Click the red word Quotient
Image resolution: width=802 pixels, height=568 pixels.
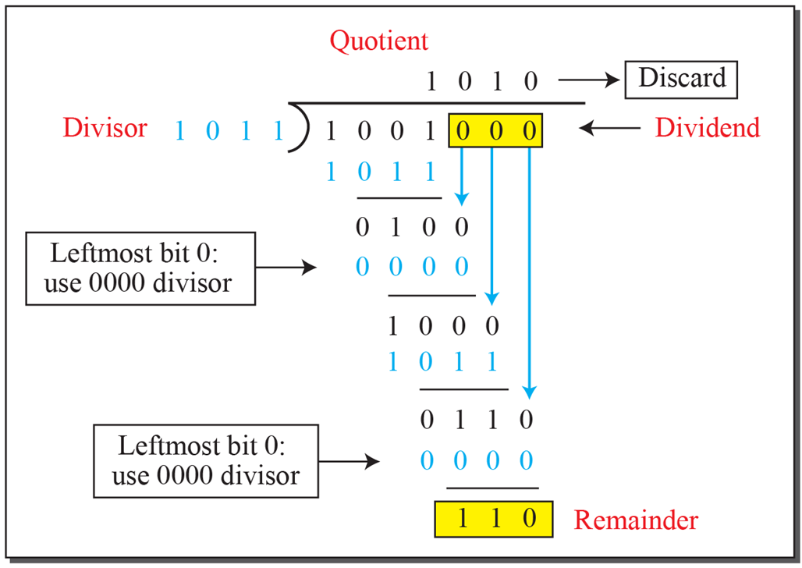pyautogui.click(x=379, y=41)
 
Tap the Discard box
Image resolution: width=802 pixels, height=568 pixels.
pyautogui.click(x=682, y=78)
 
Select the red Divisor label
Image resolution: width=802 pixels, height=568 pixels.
pyautogui.click(x=105, y=127)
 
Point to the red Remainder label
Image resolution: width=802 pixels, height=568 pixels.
pyautogui.click(x=636, y=520)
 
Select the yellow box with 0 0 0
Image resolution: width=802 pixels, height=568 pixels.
pyautogui.click(x=495, y=130)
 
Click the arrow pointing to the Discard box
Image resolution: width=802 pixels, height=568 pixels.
pyautogui.click(x=589, y=80)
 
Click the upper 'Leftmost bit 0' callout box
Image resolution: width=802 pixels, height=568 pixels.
pyautogui.click(x=140, y=268)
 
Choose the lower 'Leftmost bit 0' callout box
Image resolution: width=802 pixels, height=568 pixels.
pyautogui.click(x=206, y=461)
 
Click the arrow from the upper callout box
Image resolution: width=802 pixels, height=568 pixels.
pyautogui.click(x=286, y=268)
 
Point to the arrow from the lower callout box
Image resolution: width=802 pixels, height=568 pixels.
pyautogui.click(x=350, y=461)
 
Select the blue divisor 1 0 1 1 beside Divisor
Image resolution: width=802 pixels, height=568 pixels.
pyautogui.click(x=228, y=130)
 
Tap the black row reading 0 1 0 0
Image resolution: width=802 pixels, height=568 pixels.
pyautogui.click(x=412, y=228)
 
